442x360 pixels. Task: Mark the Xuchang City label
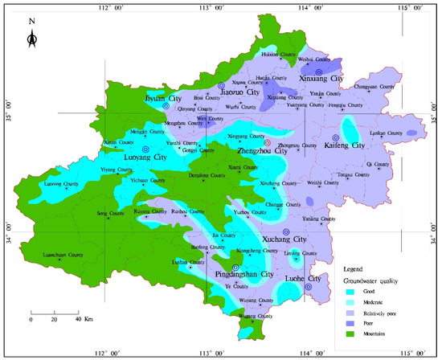click(x=286, y=240)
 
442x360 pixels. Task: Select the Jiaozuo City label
click(x=239, y=92)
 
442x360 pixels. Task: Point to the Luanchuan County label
click(x=63, y=256)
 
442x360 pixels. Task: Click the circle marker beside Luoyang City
click(x=145, y=149)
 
